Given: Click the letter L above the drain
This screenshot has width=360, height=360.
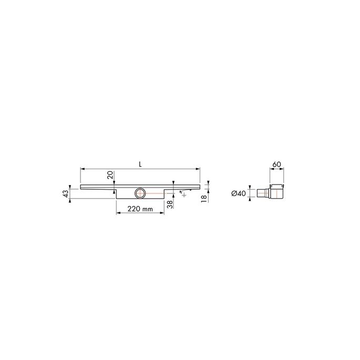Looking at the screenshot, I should pos(140,163).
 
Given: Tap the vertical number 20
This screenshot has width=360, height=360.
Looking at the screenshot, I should pos(110,175).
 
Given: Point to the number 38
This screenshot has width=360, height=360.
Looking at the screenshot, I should pos(169,204).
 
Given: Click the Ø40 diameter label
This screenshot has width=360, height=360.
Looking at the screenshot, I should pos(239,193).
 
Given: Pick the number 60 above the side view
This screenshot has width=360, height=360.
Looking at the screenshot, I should pos(277,164).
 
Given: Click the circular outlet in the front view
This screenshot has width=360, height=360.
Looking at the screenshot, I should pos(140,193).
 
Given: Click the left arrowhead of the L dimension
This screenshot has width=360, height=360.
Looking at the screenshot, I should pos(82,169).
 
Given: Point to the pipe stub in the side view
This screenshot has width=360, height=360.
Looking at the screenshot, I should pos(261,193).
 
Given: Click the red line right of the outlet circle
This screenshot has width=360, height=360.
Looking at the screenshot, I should pos(155,193).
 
